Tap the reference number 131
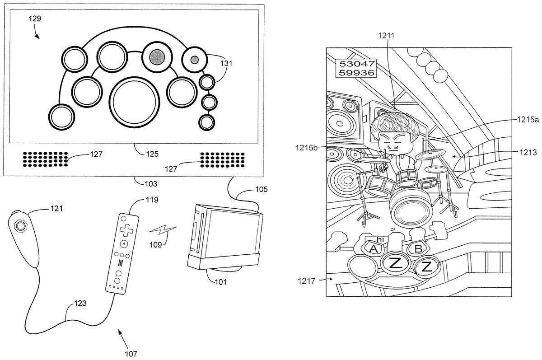(x=226, y=64)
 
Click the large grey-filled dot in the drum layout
(x=157, y=56)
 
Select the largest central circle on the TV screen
(x=135, y=100)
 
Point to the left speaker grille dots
(x=45, y=158)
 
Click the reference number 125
(x=152, y=154)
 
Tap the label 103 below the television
(x=150, y=184)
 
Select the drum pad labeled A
(x=374, y=248)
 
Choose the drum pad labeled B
(x=418, y=248)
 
